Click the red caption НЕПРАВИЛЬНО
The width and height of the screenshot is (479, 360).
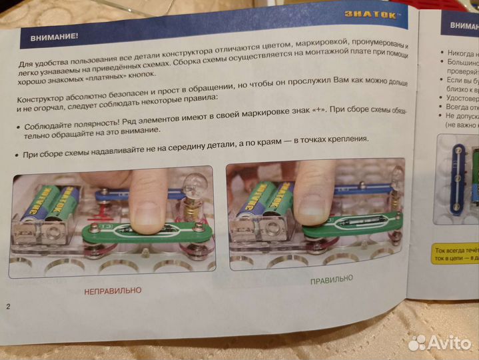[113, 291]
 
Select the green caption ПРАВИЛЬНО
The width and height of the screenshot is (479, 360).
[331, 279]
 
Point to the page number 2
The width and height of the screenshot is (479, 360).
[8, 307]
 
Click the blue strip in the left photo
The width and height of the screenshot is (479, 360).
[120, 195]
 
